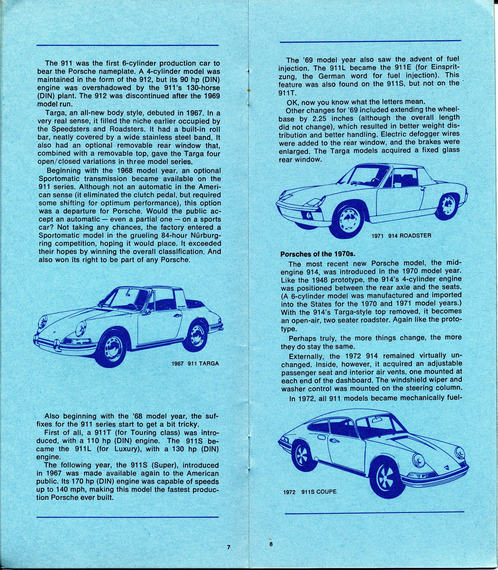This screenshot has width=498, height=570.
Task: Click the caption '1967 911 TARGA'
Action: click(195, 363)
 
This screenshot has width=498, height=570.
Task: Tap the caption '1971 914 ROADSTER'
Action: click(401, 236)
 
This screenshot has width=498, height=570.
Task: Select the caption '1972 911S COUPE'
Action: click(310, 492)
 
